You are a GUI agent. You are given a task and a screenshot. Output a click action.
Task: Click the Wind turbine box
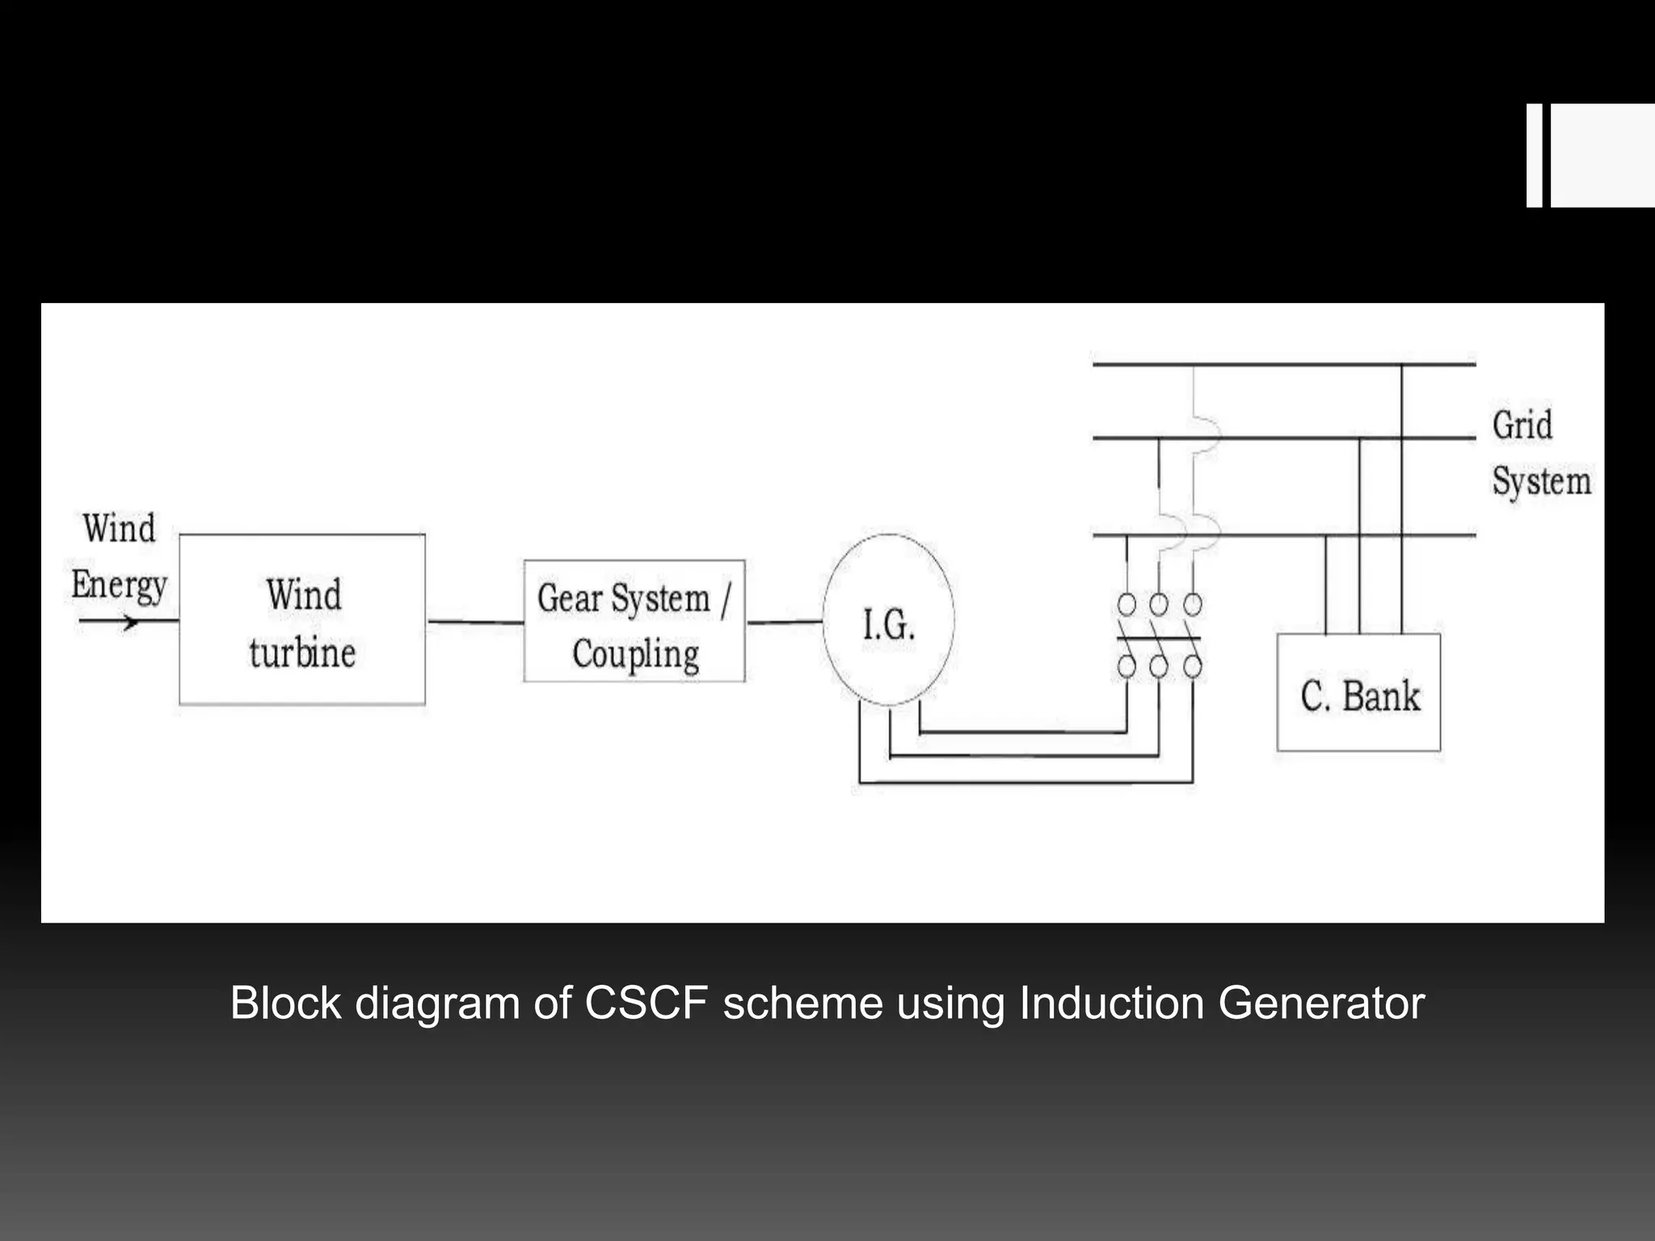[x=302, y=620]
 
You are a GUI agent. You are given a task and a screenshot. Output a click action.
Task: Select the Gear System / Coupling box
[x=634, y=621]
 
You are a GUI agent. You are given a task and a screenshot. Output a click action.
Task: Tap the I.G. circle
[x=888, y=620]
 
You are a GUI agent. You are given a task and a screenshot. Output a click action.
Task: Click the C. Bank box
[x=1358, y=692]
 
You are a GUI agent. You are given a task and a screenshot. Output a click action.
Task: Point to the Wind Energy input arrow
[x=121, y=621]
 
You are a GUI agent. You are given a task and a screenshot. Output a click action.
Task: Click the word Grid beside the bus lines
[x=1522, y=426]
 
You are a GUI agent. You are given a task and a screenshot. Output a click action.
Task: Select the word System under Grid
[x=1541, y=482]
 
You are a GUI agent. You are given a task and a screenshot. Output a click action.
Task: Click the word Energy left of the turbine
[x=119, y=585]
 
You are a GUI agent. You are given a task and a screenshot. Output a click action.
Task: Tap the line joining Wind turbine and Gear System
[x=474, y=622]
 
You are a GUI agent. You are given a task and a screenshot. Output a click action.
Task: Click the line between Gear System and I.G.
[x=784, y=622]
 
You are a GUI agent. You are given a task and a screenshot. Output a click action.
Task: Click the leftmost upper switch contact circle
[x=1126, y=604]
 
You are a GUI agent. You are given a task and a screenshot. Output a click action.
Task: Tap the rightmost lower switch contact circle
[x=1193, y=667]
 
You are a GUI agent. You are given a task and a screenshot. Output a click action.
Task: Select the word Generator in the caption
[x=1320, y=1003]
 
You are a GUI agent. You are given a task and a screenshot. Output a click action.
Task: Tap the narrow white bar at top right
[x=1534, y=155]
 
